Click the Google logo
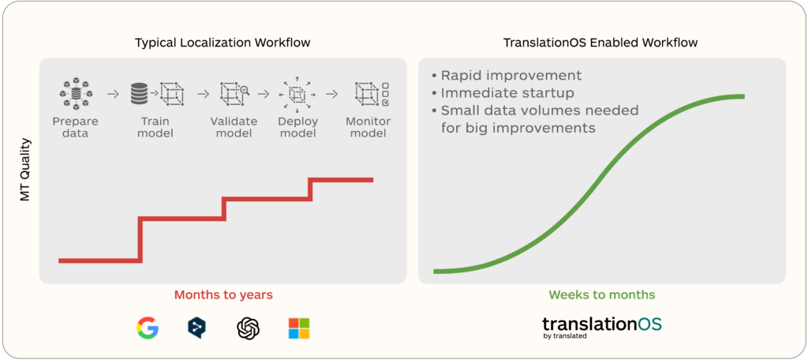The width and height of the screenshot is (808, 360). point(148,328)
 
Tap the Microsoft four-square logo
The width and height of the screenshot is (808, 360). point(299,328)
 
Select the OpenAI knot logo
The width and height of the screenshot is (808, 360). point(249,328)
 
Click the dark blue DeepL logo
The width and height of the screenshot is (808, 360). point(197,328)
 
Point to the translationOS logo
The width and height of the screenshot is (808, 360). point(602,328)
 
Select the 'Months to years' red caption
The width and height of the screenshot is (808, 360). point(223,295)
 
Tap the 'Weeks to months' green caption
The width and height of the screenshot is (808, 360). point(602,295)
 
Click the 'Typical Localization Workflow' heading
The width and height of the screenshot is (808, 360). point(223,43)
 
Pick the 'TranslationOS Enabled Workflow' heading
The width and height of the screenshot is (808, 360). point(600,43)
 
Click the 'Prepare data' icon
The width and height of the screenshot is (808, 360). point(75,94)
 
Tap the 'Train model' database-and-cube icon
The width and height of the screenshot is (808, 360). point(157,94)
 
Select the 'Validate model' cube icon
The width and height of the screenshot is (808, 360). point(234,93)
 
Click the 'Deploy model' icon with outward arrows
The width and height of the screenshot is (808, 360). point(297,95)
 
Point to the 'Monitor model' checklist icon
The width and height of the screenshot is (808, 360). point(372,94)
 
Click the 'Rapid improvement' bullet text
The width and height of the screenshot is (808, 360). point(511,75)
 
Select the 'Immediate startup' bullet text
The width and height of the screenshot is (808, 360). point(507,94)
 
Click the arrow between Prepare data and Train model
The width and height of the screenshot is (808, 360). point(112,95)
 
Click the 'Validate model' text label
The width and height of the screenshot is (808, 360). point(234,127)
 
